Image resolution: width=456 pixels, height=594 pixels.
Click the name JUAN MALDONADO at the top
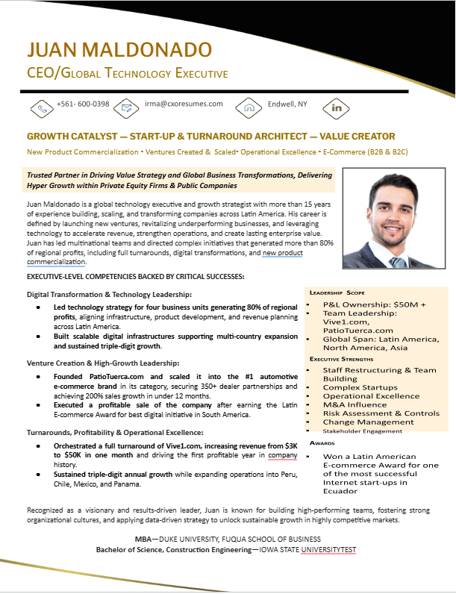(119, 50)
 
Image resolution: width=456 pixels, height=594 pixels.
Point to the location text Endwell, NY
(287, 104)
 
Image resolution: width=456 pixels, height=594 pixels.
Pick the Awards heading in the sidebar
(322, 443)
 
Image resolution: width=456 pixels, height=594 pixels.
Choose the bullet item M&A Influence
(355, 404)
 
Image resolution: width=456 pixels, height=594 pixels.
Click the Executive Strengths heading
(341, 359)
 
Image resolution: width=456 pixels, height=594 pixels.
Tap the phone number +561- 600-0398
(83, 104)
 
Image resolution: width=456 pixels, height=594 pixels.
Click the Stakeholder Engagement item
(362, 431)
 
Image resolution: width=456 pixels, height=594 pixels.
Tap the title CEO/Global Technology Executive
(127, 73)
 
